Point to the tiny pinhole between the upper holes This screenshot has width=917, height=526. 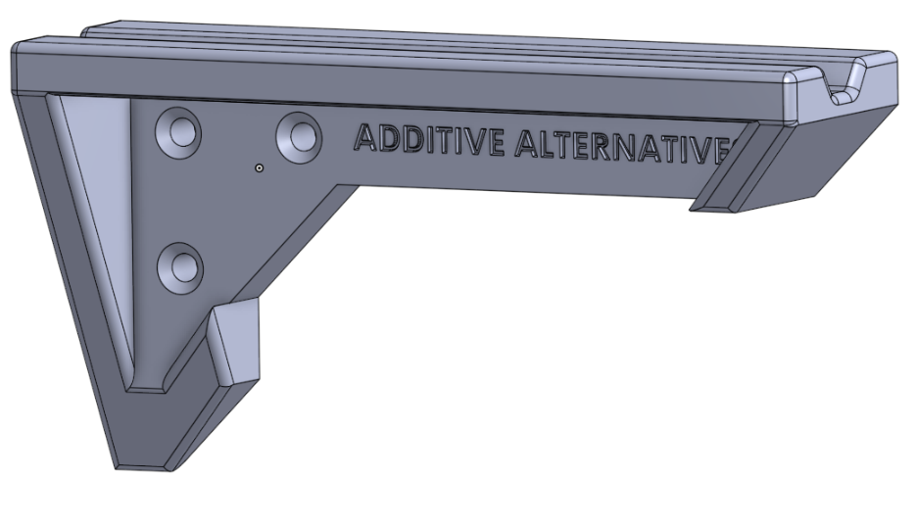pyautogui.click(x=258, y=168)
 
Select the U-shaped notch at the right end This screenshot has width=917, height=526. pyautogui.click(x=844, y=85)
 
